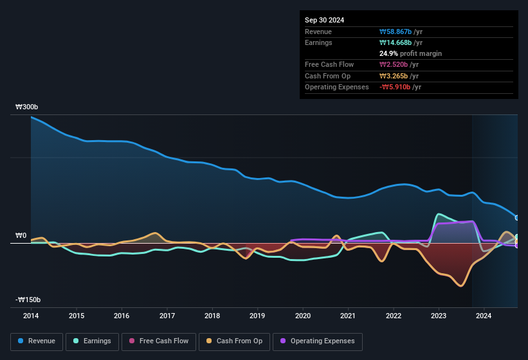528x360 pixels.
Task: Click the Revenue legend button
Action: tap(37, 341)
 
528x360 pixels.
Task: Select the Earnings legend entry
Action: tap(92, 341)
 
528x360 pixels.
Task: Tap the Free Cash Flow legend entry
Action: tap(159, 341)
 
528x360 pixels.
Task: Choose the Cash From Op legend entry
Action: tap(233, 341)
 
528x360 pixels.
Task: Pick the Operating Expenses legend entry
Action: tap(317, 341)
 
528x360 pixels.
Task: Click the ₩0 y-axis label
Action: tap(21, 236)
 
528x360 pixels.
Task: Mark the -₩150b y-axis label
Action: tap(28, 300)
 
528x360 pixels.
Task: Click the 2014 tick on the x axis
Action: tap(31, 316)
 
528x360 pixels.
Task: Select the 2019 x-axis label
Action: tap(257, 316)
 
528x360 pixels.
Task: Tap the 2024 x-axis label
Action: tap(484, 316)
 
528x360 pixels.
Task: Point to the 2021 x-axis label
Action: tap(348, 316)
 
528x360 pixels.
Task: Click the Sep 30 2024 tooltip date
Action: tap(324, 20)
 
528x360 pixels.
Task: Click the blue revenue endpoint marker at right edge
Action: tap(516, 218)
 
